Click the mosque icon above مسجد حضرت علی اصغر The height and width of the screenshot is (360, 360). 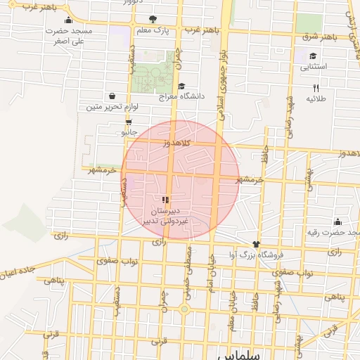[x=67, y=20]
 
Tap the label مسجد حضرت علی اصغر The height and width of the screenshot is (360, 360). [x=69, y=37]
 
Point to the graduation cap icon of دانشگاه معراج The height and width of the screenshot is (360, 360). [x=182, y=86]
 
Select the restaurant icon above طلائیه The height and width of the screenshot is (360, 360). [x=316, y=88]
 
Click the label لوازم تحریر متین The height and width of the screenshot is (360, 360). [x=112, y=107]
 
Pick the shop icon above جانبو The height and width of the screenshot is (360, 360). [x=127, y=121]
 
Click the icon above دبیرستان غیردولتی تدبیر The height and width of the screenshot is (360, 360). [x=166, y=200]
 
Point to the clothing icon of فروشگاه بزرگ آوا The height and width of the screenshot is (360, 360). [x=255, y=245]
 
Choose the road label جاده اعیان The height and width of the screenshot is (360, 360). [x=21, y=269]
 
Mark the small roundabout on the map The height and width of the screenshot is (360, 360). [x=184, y=309]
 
